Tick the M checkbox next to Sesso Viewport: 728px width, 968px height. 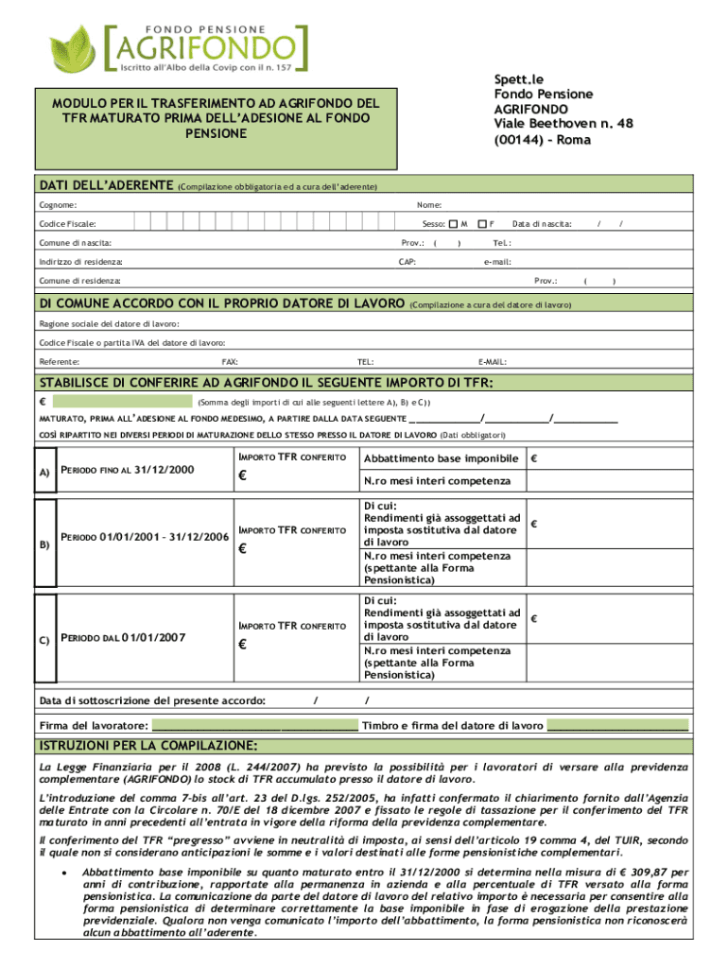452,224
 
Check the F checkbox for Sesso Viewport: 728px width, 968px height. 480,224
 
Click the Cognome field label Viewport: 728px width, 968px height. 58,205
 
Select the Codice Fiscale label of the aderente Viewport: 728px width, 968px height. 67,224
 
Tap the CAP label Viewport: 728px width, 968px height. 407,262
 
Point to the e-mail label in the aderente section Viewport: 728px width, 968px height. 497,262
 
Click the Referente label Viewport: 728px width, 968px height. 60,362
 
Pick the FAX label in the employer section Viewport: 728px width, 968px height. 230,362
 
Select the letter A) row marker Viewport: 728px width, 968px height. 43,472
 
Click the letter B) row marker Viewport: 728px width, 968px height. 43,544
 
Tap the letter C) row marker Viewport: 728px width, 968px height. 43,640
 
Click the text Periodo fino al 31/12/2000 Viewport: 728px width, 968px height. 127,470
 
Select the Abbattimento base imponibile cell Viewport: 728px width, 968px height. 441,459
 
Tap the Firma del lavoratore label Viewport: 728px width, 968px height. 94,726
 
